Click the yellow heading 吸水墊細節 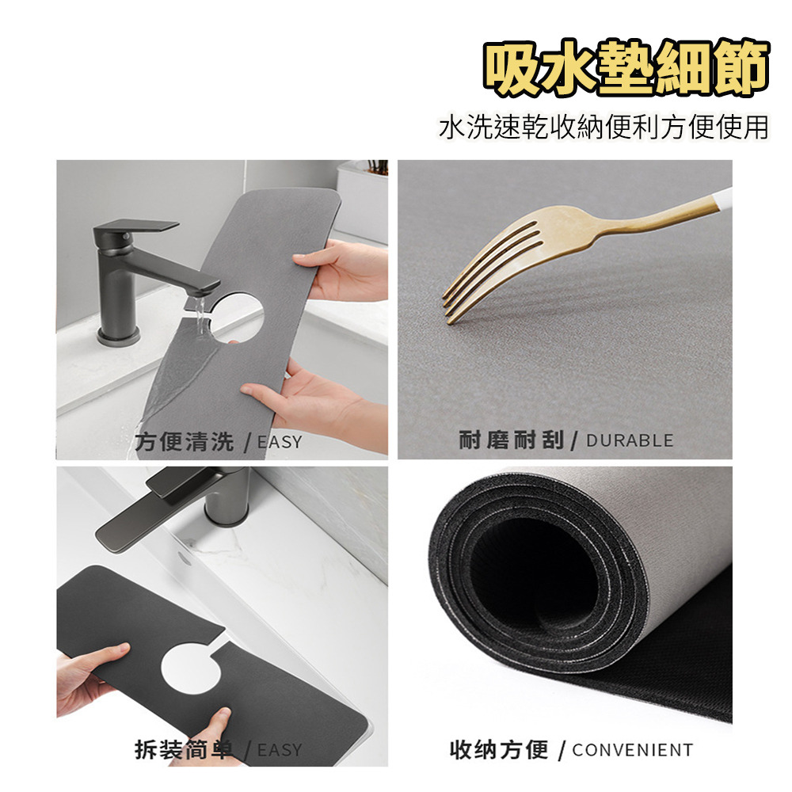click(626, 69)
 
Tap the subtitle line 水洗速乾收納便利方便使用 click(604, 128)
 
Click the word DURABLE click(630, 440)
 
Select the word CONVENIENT click(632, 749)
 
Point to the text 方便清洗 click(185, 441)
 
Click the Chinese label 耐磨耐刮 click(511, 440)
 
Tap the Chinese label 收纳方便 click(499, 749)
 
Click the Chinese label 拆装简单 click(185, 749)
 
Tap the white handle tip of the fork click(725, 199)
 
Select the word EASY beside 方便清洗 click(280, 442)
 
